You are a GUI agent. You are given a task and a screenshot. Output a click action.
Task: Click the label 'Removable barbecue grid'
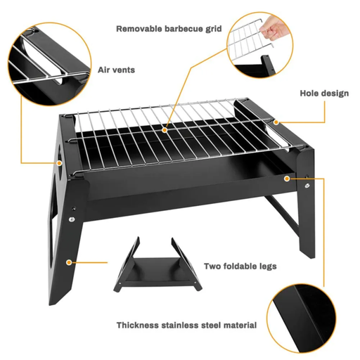[x=169, y=29]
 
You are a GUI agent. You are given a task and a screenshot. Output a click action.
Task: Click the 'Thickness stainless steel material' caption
[x=186, y=326]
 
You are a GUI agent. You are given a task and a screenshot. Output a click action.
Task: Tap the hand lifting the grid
[x=277, y=28]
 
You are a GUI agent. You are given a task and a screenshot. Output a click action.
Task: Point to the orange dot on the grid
[x=166, y=129]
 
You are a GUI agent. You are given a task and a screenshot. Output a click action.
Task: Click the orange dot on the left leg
[x=68, y=262]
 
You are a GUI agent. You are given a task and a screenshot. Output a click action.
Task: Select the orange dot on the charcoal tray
[x=288, y=179]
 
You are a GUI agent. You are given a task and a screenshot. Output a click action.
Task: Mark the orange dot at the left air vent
[x=60, y=162]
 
